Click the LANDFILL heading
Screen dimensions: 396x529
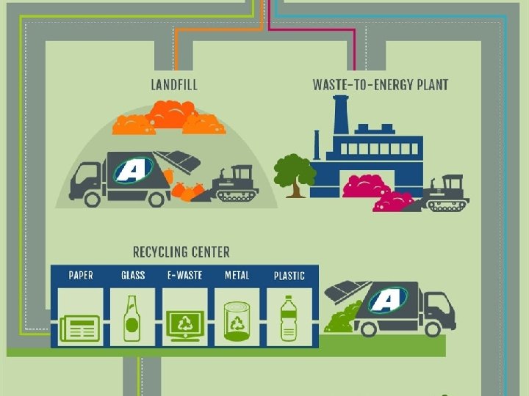click(174, 84)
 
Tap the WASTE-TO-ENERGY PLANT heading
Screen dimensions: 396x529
click(380, 84)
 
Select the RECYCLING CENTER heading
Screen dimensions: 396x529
click(181, 252)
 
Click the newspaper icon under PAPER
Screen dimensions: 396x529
click(80, 326)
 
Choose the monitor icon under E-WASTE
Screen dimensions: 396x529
click(184, 323)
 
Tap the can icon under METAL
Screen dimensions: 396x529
click(237, 322)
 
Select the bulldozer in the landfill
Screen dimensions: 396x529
click(234, 185)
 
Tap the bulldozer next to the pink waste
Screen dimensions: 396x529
click(445, 194)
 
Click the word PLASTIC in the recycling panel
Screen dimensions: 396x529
click(289, 276)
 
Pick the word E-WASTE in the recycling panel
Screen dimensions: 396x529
click(184, 276)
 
